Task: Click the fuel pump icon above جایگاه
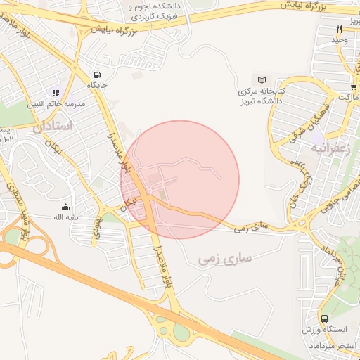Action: click(96, 75)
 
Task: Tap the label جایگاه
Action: click(97, 85)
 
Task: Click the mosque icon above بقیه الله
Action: click(66, 207)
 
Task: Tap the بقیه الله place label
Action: click(66, 217)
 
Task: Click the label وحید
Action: click(340, 40)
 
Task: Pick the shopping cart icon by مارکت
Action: click(354, 87)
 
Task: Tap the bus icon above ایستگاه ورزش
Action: click(323, 319)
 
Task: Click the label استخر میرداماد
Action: click(333, 347)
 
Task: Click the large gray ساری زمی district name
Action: click(226, 259)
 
